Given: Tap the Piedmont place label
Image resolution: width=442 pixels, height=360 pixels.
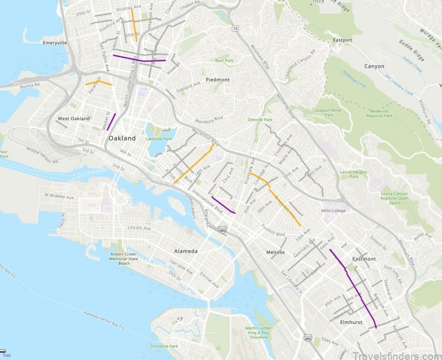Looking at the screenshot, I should click(217, 80).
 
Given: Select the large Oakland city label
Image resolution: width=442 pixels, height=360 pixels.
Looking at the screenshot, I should click(122, 138).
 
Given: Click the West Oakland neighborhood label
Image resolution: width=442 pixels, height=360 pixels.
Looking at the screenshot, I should click(73, 119).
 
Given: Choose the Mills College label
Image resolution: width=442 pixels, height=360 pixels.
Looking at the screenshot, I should click(333, 211).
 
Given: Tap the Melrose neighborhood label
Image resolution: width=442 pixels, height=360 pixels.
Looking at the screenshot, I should click(275, 252).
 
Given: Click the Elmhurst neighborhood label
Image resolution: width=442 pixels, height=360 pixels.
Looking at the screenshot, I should click(351, 321).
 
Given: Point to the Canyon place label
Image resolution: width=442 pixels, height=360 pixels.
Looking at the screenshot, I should click(374, 66).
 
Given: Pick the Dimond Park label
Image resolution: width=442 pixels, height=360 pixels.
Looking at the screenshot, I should click(260, 119).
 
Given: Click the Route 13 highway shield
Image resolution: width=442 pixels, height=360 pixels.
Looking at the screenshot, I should click(235, 28).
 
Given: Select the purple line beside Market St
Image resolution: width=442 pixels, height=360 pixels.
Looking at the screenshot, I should click(111, 122).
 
